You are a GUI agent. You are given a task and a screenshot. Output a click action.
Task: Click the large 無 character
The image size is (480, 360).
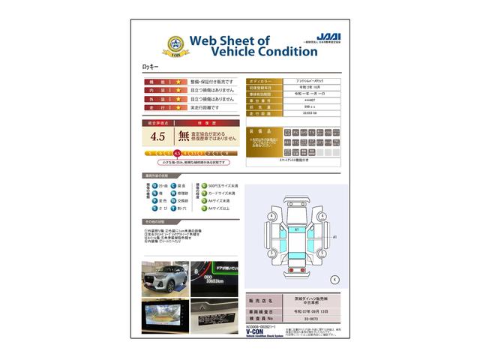(184, 136)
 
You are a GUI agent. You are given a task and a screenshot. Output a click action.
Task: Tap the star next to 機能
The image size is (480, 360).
(178, 81)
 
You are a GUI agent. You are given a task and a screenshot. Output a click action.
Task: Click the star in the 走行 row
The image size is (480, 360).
(178, 108)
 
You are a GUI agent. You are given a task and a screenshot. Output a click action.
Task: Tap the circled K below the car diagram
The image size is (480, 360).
(334, 279)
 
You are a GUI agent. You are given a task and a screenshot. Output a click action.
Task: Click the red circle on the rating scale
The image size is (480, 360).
(178, 153)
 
